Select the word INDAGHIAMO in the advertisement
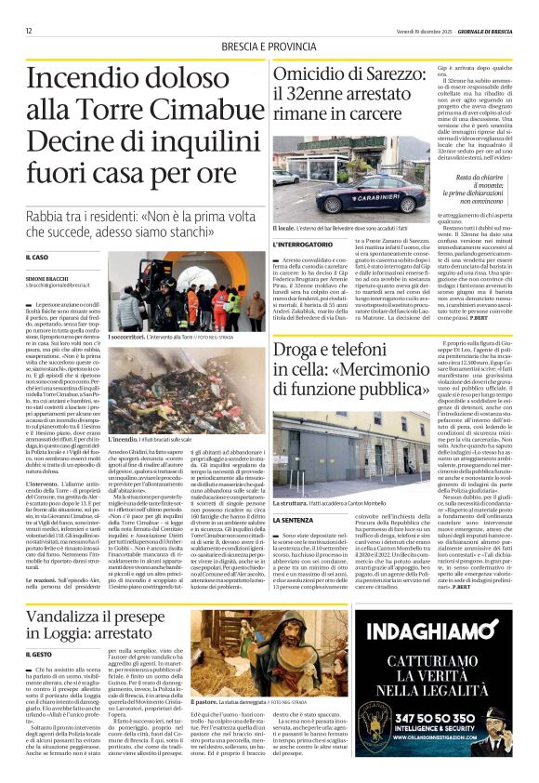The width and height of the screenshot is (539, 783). tap(438, 588)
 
